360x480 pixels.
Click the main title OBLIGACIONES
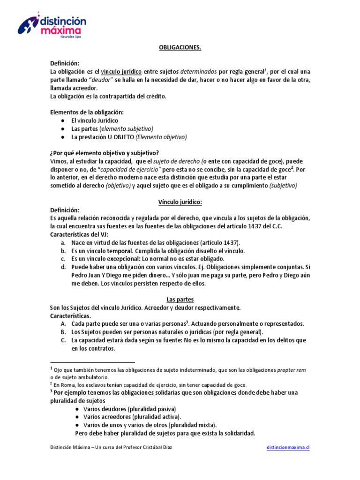pos(180,48)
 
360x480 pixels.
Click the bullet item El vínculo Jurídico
pos(95,120)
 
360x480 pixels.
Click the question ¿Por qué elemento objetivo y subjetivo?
pos(105,153)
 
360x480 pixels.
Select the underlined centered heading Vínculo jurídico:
pos(180,202)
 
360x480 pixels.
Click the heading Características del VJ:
pos(80,234)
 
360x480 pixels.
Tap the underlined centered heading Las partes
pos(180,299)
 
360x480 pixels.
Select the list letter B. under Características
pos(62,332)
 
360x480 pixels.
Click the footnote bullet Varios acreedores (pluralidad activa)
pos(132,417)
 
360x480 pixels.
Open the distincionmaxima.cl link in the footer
pos(288,448)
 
